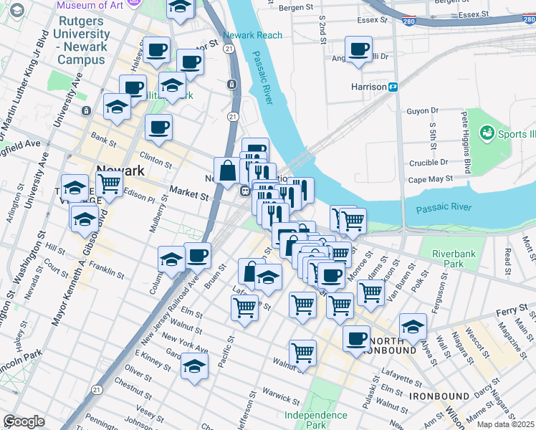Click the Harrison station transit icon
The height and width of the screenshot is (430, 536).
click(393, 87)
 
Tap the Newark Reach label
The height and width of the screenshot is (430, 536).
click(252, 35)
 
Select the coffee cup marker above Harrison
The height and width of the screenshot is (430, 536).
click(358, 49)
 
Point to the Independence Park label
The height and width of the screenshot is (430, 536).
click(315, 420)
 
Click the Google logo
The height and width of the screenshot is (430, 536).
click(24, 421)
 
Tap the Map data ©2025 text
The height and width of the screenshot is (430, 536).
click(506, 424)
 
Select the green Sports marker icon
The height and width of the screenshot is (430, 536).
click(487, 133)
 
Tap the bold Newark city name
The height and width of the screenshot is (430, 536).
click(120, 171)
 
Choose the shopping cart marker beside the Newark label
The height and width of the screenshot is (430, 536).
click(109, 183)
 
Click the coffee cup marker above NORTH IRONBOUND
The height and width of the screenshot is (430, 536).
click(355, 338)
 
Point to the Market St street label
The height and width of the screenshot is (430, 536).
click(188, 193)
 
